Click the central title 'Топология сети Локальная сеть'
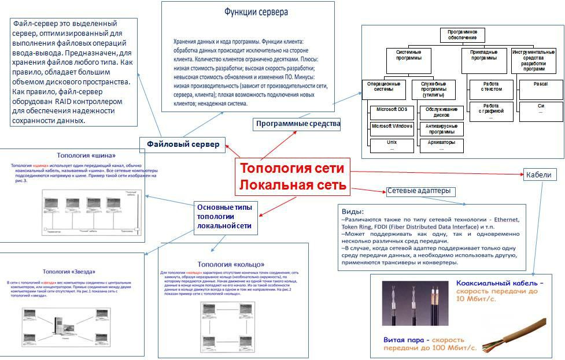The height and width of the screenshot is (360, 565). coord(293,176)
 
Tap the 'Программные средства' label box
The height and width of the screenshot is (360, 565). coord(298,124)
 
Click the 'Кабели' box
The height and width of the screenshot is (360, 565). coord(538,175)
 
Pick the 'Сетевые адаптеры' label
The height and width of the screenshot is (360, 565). coord(419,191)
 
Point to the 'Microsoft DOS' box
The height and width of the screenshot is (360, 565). coord(392,110)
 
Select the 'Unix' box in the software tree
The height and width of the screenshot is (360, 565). coord(392,144)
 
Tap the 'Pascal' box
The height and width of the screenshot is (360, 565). coord(540,85)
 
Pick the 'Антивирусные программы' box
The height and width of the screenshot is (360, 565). coord(441,128)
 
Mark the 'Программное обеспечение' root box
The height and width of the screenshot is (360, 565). coord(462,35)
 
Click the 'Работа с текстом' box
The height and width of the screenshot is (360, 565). coord(491,87)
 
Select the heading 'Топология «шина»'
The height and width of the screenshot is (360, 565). coord(82,155)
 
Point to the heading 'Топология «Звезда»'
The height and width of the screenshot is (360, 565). coord(69,271)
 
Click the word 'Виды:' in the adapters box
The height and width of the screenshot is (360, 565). coord(353,211)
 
